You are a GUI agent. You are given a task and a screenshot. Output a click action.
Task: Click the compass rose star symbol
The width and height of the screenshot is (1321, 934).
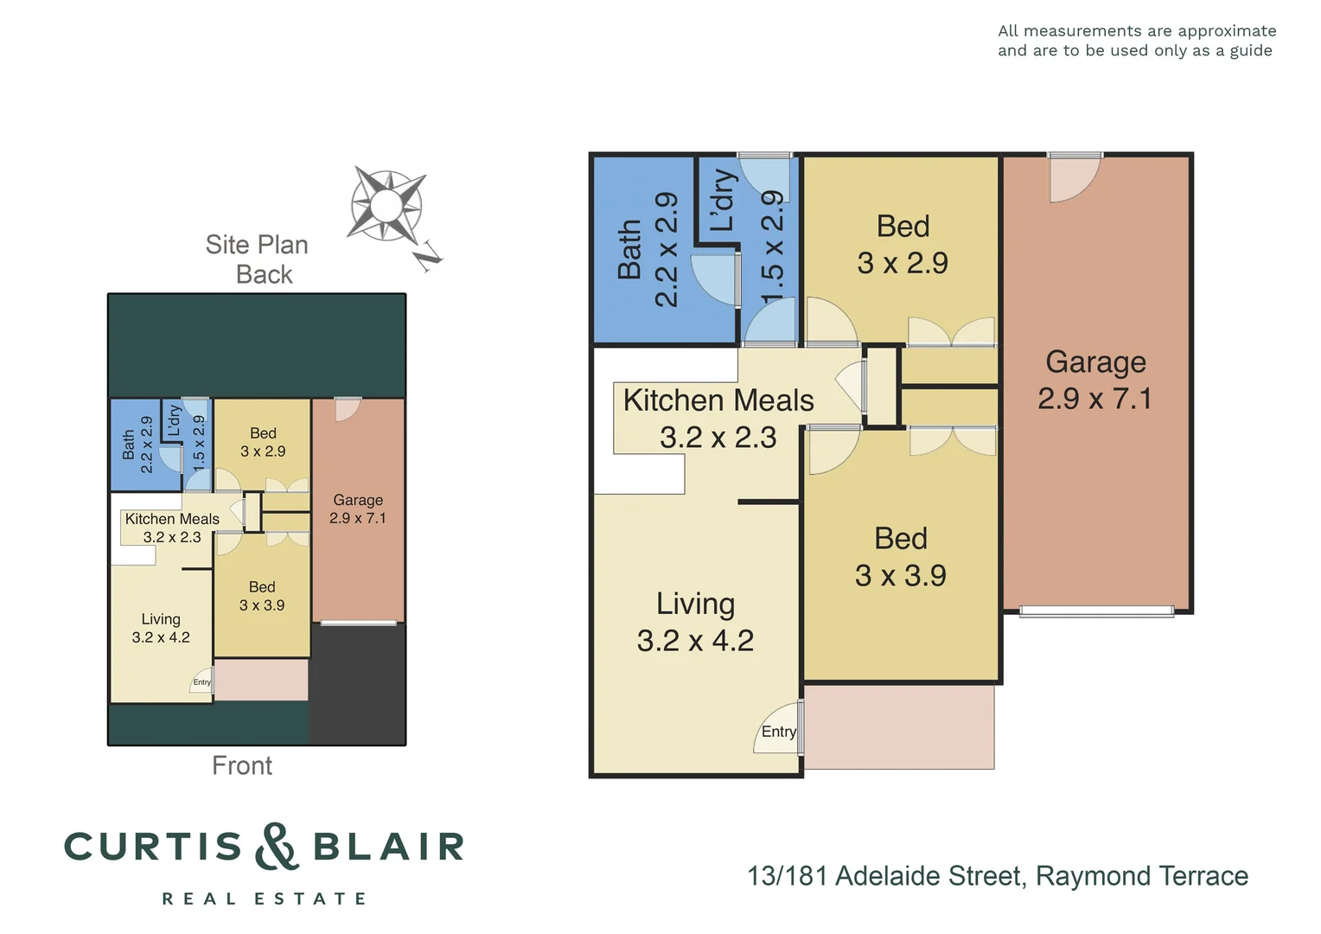click(386, 206)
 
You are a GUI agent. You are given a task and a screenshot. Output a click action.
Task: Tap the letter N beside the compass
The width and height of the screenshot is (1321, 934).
click(428, 256)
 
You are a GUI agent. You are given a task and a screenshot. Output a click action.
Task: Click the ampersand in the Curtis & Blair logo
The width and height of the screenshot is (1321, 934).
click(278, 847)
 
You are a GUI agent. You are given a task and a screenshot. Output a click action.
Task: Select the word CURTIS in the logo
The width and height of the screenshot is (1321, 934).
click(154, 847)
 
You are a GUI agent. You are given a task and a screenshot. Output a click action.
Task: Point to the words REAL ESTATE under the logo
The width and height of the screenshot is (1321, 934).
click(265, 899)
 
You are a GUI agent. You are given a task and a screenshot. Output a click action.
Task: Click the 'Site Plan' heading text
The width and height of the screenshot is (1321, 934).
click(257, 245)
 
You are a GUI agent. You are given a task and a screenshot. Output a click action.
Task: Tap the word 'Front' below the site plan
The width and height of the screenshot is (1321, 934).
click(242, 765)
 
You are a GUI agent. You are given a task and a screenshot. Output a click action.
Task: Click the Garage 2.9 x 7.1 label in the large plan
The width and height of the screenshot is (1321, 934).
click(1095, 380)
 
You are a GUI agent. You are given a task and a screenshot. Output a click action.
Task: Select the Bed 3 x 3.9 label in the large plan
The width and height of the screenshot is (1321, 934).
click(901, 557)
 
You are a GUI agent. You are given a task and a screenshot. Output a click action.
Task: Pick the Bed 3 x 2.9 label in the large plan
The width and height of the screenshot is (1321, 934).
click(903, 245)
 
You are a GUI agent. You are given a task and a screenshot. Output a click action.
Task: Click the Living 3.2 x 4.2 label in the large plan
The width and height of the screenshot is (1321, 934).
click(695, 622)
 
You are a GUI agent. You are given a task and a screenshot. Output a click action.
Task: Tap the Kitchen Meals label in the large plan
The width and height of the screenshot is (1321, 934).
click(718, 401)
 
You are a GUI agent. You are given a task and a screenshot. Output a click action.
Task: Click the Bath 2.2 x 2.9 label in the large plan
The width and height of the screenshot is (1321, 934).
click(648, 250)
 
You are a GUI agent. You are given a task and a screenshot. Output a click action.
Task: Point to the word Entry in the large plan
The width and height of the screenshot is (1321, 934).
click(778, 732)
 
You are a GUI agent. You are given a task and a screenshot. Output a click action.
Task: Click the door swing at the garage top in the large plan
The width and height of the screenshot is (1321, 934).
click(1073, 178)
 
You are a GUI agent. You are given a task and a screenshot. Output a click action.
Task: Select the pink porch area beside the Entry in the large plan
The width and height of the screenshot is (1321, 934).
click(899, 726)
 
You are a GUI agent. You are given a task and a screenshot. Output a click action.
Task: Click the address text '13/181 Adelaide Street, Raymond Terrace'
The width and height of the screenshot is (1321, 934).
click(998, 876)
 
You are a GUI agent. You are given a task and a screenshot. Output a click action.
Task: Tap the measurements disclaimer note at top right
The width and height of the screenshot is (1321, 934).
click(1136, 41)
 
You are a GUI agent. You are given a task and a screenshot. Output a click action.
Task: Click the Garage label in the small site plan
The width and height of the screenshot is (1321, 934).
click(358, 509)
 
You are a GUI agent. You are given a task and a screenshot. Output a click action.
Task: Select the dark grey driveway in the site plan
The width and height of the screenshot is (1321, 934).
click(358, 683)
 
